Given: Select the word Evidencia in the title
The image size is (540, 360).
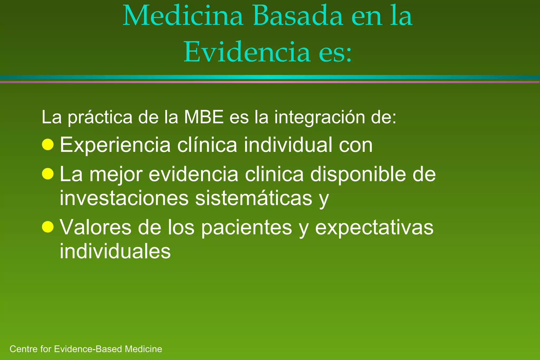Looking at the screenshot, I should (247, 52).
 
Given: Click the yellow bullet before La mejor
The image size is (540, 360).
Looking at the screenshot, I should (48, 174).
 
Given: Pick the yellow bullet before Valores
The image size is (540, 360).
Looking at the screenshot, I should (48, 227).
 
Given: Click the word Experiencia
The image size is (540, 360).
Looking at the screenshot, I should (115, 145).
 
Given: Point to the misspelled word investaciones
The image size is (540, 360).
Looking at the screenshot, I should (124, 198).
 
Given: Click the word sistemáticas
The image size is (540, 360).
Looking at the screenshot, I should (254, 198).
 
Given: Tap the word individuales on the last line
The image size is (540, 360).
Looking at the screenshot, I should (115, 251).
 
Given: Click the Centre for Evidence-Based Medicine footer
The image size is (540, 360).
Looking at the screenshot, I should (86, 349).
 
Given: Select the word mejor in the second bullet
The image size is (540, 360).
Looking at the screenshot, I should (116, 175).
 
